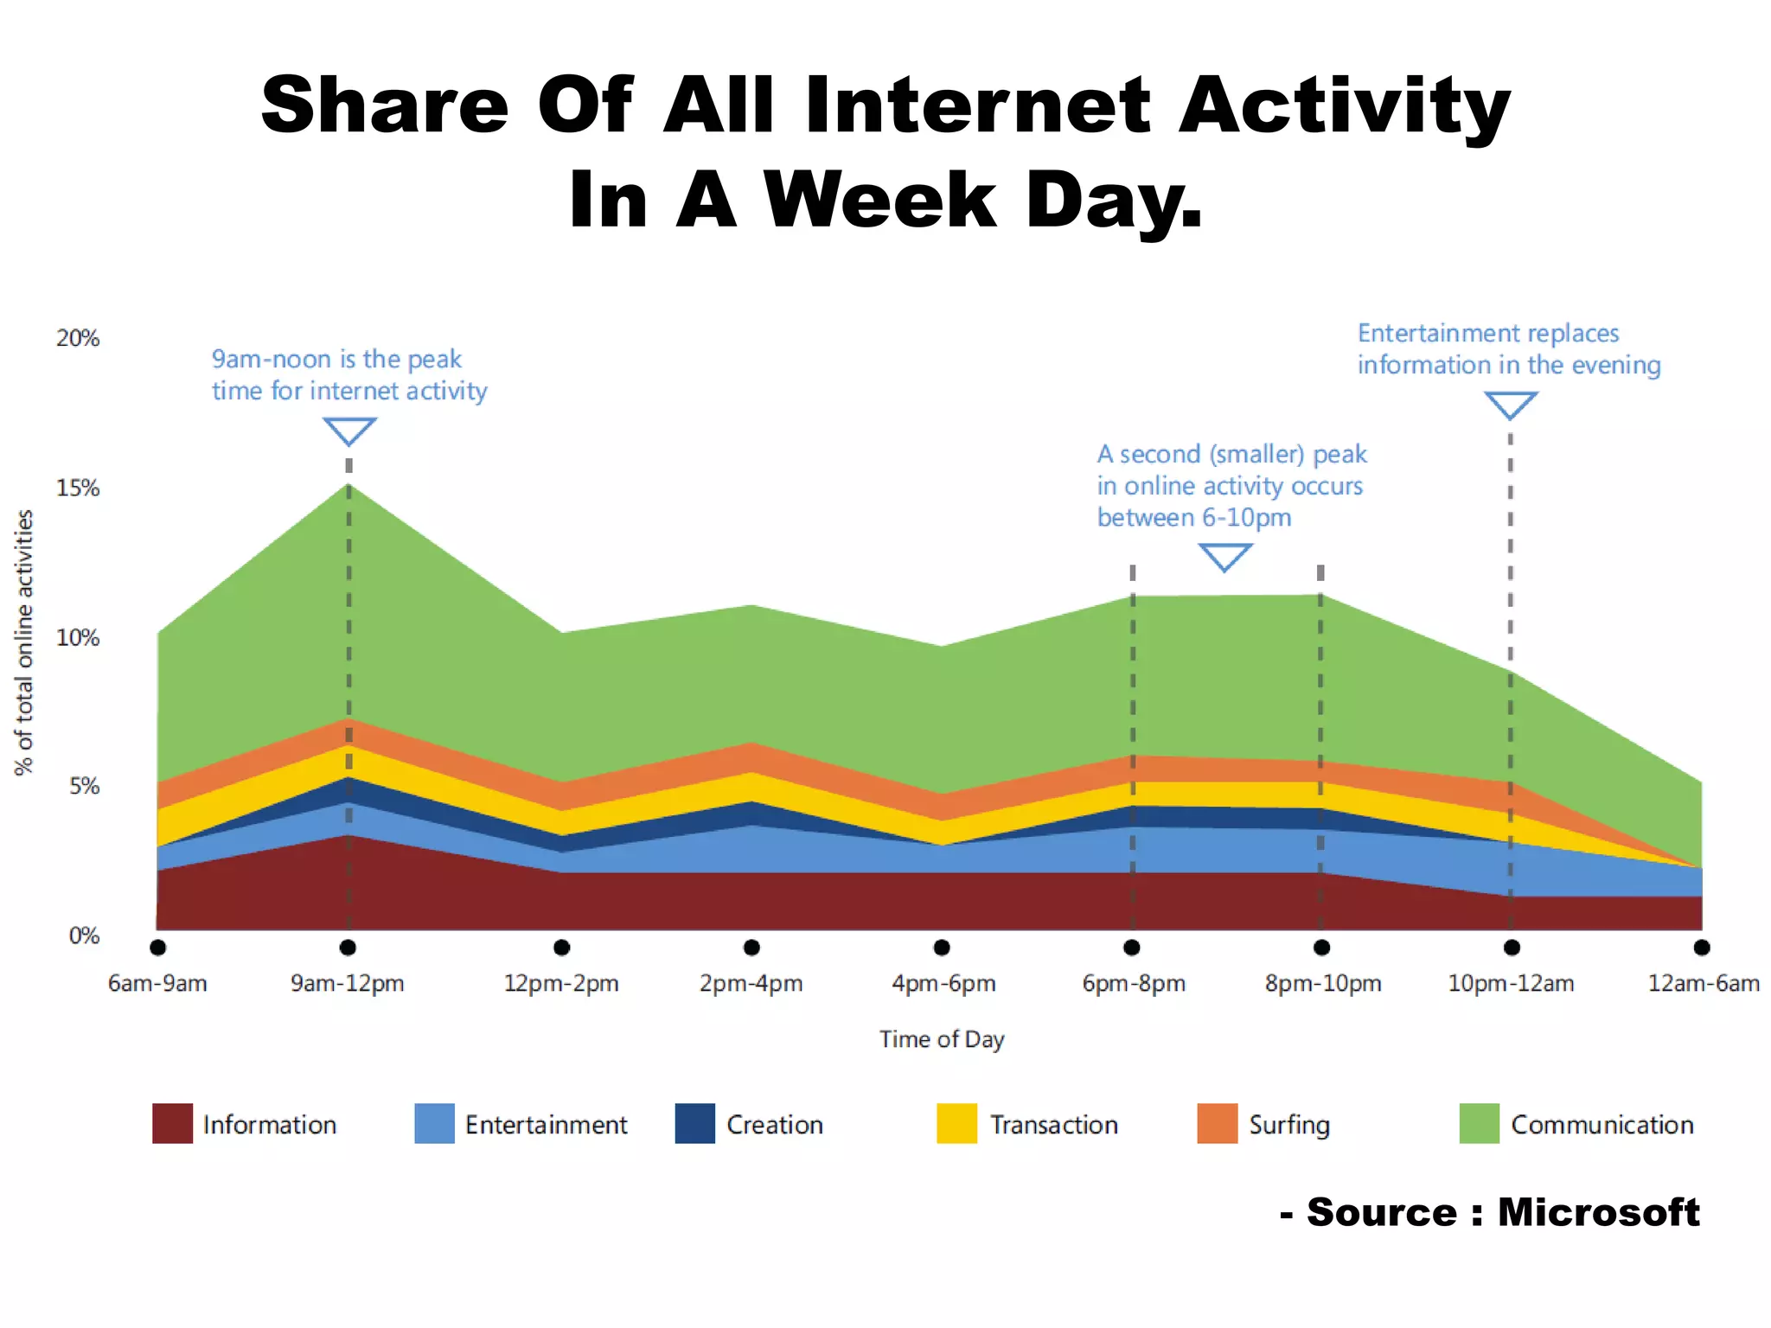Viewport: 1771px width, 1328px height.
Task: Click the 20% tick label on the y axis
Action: point(78,338)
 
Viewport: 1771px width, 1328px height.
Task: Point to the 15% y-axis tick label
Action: point(78,488)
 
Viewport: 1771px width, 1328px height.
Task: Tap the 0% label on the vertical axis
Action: point(84,935)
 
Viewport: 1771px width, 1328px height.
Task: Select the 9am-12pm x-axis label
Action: point(348,984)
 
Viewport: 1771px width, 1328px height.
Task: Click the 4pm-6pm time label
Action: point(943,984)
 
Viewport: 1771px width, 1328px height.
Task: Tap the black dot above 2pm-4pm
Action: point(751,948)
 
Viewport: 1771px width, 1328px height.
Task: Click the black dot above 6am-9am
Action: point(157,948)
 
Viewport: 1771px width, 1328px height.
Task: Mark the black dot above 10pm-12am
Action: point(1512,948)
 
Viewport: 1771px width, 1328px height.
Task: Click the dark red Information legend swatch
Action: point(172,1124)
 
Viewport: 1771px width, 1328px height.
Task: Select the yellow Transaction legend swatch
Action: point(956,1124)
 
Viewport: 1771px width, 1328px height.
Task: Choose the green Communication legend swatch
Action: point(1479,1124)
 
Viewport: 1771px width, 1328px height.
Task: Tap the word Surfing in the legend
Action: point(1289,1125)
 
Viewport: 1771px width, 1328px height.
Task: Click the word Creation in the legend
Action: point(775,1125)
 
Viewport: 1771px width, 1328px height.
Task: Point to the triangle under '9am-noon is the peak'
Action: point(349,430)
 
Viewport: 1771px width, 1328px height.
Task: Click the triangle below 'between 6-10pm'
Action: point(1225,556)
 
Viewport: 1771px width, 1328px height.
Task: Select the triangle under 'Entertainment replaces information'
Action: point(1511,404)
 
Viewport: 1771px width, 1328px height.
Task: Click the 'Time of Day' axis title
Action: point(942,1039)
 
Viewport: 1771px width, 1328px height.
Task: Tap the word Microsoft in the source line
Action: point(1598,1212)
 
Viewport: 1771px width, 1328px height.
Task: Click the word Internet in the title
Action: point(978,105)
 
